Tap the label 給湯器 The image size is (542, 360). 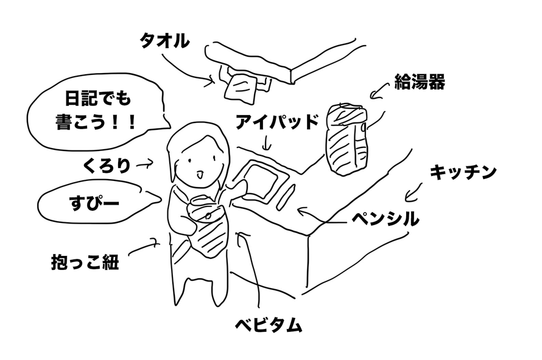pyautogui.click(x=420, y=82)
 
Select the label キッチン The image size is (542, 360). pyautogui.click(x=463, y=172)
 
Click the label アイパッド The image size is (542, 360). pyautogui.click(x=278, y=122)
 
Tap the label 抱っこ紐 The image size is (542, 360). pyautogui.click(x=85, y=263)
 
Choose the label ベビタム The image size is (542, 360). pyautogui.click(x=269, y=325)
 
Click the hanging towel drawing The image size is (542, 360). pyautogui.click(x=240, y=86)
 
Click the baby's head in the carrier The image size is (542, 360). pyautogui.click(x=204, y=203)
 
